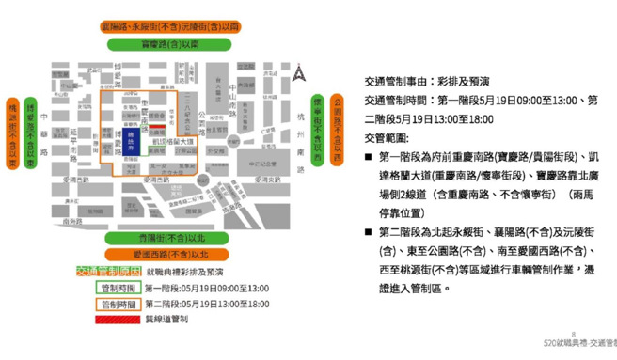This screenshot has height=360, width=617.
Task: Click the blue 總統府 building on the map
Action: tap(131, 142)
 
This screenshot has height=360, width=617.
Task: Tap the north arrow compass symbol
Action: tap(298, 72)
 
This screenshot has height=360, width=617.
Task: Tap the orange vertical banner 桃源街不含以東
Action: tap(13, 133)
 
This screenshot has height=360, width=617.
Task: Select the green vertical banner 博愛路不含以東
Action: tap(31, 133)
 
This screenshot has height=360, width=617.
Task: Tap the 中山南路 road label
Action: tap(232, 93)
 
